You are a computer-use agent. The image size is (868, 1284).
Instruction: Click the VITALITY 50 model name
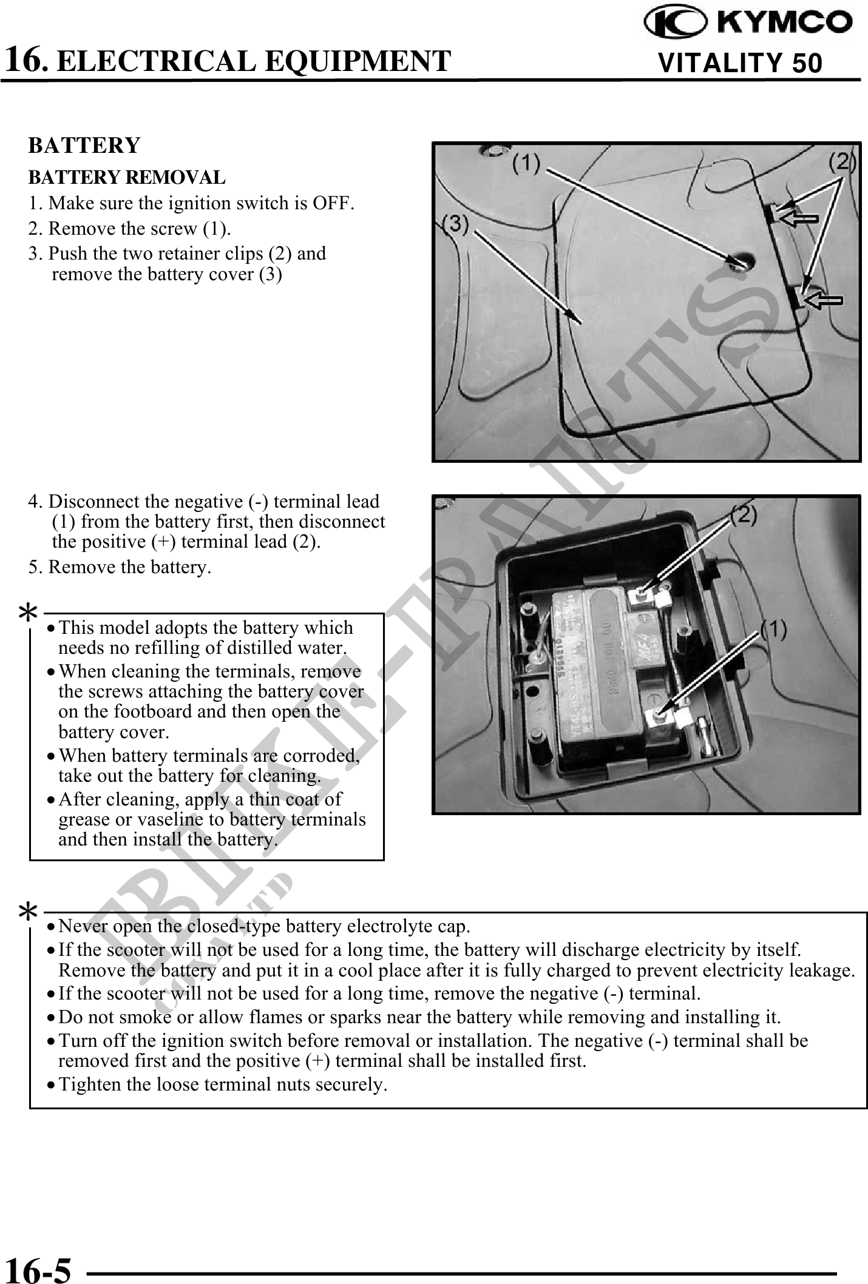pos(740,63)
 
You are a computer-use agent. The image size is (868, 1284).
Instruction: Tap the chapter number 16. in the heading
pos(25,59)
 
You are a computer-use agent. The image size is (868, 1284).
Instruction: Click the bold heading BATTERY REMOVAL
pos(127,178)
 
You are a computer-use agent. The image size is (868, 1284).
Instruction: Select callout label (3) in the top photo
pos(455,225)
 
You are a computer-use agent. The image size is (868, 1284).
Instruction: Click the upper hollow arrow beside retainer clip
pos(798,217)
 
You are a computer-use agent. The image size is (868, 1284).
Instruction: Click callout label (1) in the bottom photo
pos(774,631)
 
